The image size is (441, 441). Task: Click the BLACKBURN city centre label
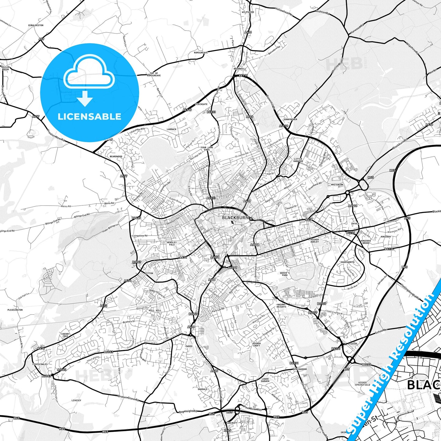(x=235, y=218)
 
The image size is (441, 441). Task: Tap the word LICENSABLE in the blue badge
(x=89, y=117)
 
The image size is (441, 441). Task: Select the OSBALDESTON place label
(x=36, y=25)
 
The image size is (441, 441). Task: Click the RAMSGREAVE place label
(x=201, y=52)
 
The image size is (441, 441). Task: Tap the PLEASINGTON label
(x=15, y=310)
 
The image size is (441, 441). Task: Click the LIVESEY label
(x=76, y=400)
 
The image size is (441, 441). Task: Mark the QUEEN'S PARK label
(x=285, y=274)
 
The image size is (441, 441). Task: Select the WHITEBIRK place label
(x=337, y=185)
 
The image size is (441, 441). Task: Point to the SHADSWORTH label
(x=348, y=262)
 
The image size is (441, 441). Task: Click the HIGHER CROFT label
(x=257, y=345)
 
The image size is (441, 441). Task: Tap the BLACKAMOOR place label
(x=300, y=369)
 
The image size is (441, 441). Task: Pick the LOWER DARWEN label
(x=265, y=380)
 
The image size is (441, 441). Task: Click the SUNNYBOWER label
(x=290, y=119)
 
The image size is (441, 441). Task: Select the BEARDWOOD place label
(x=116, y=156)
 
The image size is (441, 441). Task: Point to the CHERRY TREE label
(x=65, y=335)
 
